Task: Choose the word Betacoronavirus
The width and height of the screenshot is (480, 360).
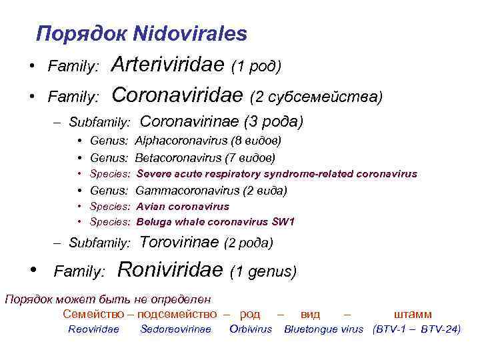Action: (177, 157)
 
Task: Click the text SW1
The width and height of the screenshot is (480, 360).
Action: (283, 222)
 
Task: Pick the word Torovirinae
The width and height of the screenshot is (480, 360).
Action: (180, 242)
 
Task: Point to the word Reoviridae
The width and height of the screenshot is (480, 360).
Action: (93, 329)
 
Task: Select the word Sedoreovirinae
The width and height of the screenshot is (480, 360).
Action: (175, 329)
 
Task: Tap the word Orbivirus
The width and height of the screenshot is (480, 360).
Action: (251, 329)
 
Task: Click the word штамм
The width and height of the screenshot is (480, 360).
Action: (413, 314)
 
